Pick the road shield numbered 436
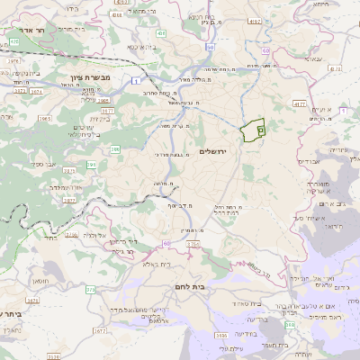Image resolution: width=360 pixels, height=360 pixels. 124,4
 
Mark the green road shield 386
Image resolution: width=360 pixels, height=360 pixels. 91,164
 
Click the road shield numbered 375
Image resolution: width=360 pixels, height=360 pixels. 91,290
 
